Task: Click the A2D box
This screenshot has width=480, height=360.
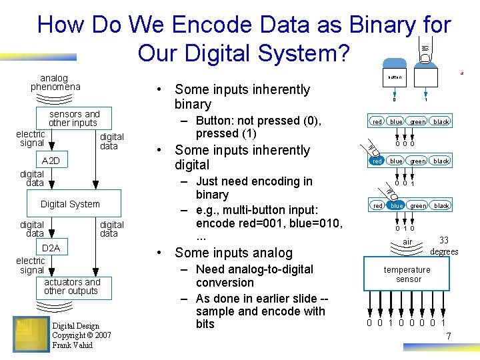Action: (51, 161)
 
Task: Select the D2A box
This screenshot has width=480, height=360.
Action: (51, 248)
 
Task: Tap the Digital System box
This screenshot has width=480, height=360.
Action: (70, 204)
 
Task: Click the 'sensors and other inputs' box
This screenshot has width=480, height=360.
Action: (73, 118)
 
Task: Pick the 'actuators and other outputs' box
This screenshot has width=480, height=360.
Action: (71, 287)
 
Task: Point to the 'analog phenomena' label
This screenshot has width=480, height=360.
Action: (55, 82)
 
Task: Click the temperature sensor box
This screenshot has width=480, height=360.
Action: (408, 275)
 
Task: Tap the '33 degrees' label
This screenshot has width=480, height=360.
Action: (443, 246)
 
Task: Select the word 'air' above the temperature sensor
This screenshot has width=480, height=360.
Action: (407, 241)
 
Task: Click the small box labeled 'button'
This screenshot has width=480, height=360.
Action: (395, 77)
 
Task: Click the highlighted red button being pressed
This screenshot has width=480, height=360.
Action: (377, 161)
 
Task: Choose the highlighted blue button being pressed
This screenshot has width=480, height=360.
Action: (396, 206)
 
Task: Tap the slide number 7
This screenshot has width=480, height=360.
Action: (449, 335)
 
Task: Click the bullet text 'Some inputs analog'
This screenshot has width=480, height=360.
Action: (233, 253)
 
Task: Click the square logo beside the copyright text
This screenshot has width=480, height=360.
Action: (31, 334)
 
